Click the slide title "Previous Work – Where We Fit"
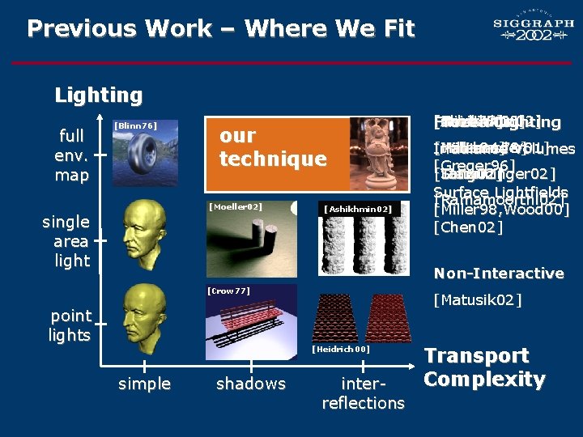coord(220,29)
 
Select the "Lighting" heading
coord(98,95)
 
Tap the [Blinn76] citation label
coord(134,125)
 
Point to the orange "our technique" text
coord(273,146)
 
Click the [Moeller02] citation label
coord(235,207)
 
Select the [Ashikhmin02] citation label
coord(358,210)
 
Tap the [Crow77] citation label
coord(229,291)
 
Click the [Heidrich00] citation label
coord(341,349)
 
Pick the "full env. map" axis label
coord(72,155)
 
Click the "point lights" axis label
coord(70,325)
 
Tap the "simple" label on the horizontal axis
coord(144,384)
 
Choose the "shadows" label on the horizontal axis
coord(251,384)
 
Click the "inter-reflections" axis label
coord(363,392)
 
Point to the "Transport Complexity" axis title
coord(484,367)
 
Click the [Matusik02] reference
coord(478,301)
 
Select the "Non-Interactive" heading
coord(499,274)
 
